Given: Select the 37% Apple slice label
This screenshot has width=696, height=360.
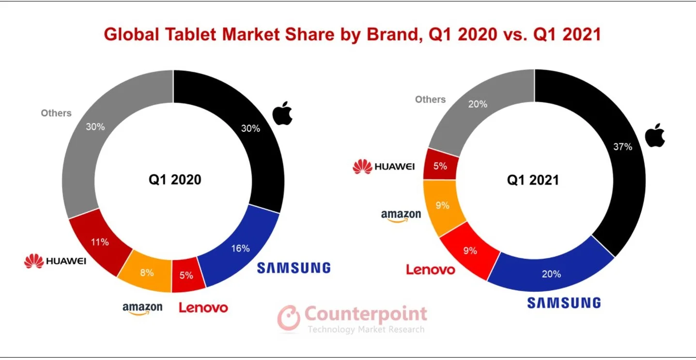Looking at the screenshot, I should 623,146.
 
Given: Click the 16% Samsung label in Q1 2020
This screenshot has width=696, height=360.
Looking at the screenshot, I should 240,249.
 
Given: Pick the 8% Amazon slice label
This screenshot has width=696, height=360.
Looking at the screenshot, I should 146,272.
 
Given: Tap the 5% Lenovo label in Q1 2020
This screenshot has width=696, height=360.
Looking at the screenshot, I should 186,275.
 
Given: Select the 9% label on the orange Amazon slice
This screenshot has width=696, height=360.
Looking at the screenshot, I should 442,205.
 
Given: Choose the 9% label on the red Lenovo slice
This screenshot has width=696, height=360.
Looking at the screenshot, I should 470,250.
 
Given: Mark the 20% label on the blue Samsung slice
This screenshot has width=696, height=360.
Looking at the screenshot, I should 552,274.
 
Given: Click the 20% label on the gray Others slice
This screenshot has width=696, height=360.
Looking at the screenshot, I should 478,104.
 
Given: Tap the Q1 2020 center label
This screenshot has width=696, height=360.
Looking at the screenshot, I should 175,180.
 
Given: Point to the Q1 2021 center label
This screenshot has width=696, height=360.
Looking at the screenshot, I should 533,180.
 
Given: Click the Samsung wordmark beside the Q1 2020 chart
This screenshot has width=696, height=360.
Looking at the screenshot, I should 294,267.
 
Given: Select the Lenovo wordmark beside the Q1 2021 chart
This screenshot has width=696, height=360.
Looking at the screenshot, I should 431,269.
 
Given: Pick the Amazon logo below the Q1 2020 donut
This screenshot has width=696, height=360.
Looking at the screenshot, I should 142,308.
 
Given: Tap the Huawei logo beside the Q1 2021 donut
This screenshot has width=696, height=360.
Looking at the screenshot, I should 384,167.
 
